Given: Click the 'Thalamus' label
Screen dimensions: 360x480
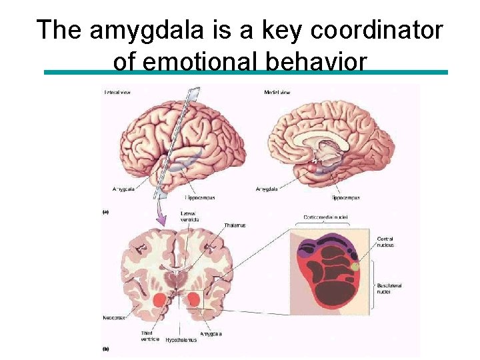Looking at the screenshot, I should click(x=234, y=225).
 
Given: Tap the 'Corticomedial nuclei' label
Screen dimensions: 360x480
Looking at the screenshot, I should click(x=327, y=217).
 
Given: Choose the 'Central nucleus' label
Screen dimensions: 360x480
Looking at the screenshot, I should click(x=385, y=241).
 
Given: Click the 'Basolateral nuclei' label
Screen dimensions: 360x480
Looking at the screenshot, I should click(x=389, y=289).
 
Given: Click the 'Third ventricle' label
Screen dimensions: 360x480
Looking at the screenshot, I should click(x=150, y=336).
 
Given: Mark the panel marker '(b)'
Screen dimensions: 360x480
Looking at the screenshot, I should click(x=105, y=349).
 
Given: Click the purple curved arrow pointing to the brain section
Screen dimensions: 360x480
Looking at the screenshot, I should click(x=161, y=213).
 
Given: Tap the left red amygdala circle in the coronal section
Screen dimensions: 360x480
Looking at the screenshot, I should click(x=159, y=301).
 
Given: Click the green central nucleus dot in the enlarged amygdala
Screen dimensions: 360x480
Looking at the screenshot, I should click(x=355, y=267).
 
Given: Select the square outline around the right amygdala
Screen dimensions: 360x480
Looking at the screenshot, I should click(x=196, y=300).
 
